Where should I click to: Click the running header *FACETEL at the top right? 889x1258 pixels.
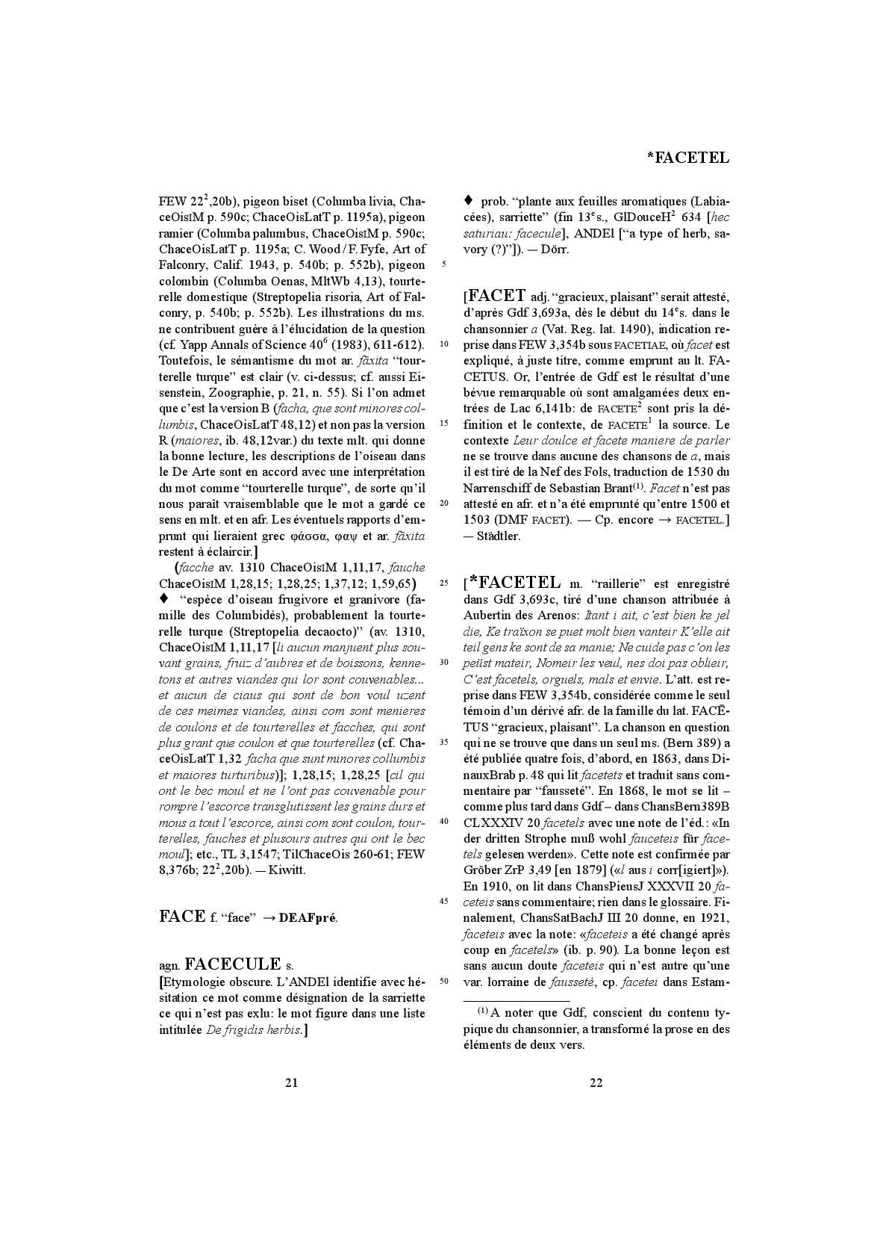pos(687,158)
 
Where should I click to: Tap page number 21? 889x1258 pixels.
pos(292,1082)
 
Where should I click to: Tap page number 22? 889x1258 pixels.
pos(596,1082)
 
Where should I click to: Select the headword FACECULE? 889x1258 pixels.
pos(232,964)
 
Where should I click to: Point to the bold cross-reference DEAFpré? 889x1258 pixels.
pos(308,917)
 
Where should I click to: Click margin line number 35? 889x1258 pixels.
pos(443,743)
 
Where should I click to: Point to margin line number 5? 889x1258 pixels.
pos(444,264)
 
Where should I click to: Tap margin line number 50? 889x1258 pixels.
pos(443,981)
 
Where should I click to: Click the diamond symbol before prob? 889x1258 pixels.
pos(468,200)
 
